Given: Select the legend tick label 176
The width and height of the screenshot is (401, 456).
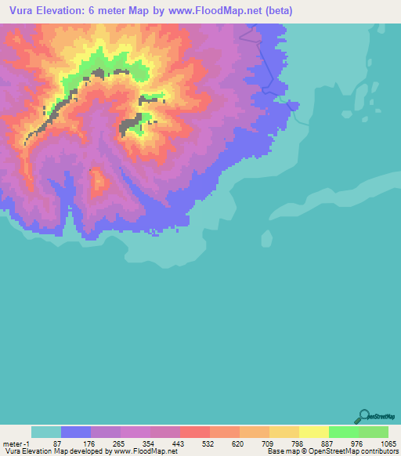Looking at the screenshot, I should click(x=77, y=443).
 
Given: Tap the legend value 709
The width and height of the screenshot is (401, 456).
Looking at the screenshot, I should click(x=255, y=443).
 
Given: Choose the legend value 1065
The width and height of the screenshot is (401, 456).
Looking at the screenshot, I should click(x=378, y=443).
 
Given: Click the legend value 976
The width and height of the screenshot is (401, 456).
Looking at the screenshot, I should click(x=345, y=443).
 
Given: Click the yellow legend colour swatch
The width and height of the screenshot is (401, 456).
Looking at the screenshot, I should click(x=314, y=432).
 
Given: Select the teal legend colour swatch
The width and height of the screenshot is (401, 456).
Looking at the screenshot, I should click(x=46, y=432).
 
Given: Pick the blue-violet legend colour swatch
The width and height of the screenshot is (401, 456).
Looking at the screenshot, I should click(x=76, y=432).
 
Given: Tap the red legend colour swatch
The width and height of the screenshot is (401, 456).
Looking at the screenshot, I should click(x=195, y=432).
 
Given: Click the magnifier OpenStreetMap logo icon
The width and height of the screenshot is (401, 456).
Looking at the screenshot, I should click(x=363, y=416).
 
